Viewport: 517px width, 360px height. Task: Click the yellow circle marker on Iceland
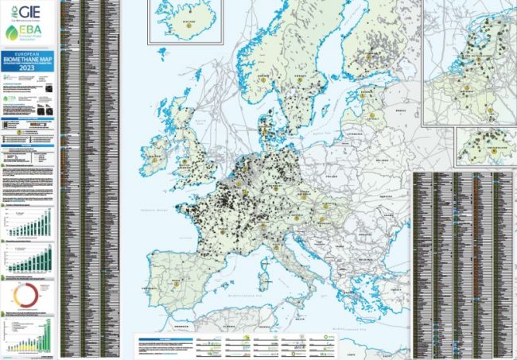click(x=190, y=25)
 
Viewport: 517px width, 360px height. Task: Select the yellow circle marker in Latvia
click(x=371, y=114)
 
